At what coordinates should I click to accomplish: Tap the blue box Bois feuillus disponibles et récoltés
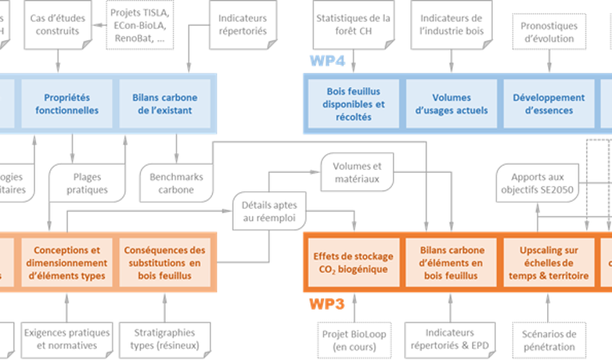pos(354,104)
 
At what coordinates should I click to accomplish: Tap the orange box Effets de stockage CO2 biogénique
pos(353,262)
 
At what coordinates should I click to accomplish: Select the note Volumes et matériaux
pos(354,172)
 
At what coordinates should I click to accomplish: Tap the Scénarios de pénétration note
pos(548,339)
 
